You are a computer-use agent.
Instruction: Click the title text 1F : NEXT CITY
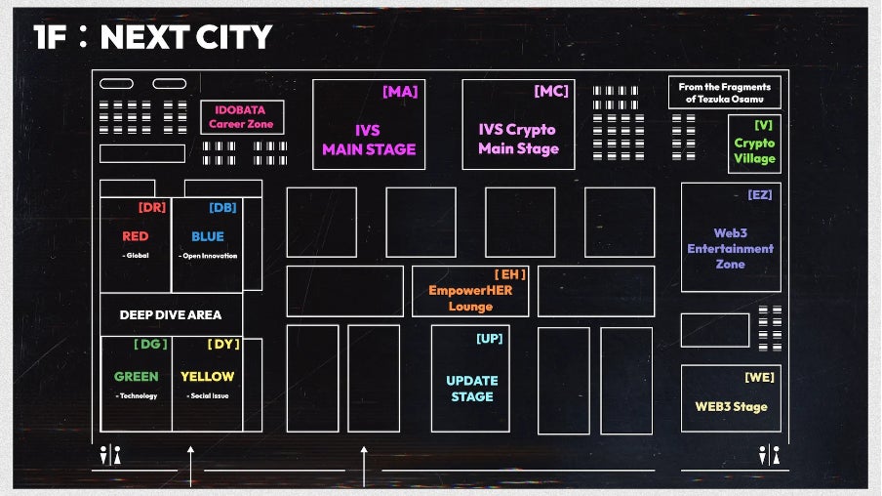click(x=152, y=37)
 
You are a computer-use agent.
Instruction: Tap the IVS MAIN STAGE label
click(x=369, y=140)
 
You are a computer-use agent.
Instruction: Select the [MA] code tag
click(x=400, y=92)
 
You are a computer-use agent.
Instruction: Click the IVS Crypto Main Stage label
click(x=518, y=139)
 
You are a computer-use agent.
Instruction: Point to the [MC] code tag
click(x=551, y=92)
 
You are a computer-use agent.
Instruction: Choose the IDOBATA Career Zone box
click(x=242, y=117)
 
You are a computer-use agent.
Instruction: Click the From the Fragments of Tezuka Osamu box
click(x=724, y=93)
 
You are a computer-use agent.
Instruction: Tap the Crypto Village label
click(x=754, y=150)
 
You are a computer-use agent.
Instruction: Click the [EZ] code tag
click(x=760, y=195)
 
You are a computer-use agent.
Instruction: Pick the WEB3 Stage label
click(x=731, y=406)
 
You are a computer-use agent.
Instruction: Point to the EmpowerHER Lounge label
click(x=470, y=298)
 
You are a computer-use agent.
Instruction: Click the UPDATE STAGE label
click(x=471, y=389)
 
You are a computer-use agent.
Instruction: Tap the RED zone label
click(x=136, y=236)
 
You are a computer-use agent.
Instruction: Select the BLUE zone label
click(x=207, y=236)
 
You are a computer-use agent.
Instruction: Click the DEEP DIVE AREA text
click(x=171, y=314)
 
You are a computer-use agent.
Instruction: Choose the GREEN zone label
click(x=136, y=376)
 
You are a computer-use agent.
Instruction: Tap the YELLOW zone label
click(x=207, y=376)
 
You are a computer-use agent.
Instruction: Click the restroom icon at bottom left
click(x=110, y=455)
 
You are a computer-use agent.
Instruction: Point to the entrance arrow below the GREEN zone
click(x=190, y=465)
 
